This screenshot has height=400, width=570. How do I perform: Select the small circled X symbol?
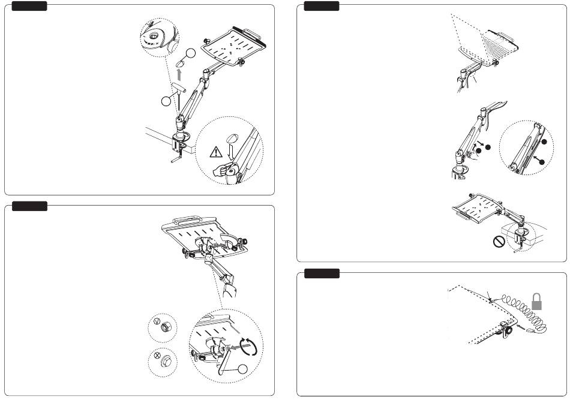point(157,355)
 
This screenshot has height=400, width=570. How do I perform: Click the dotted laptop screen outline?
point(474,36)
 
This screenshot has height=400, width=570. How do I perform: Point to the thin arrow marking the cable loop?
point(490,296)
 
